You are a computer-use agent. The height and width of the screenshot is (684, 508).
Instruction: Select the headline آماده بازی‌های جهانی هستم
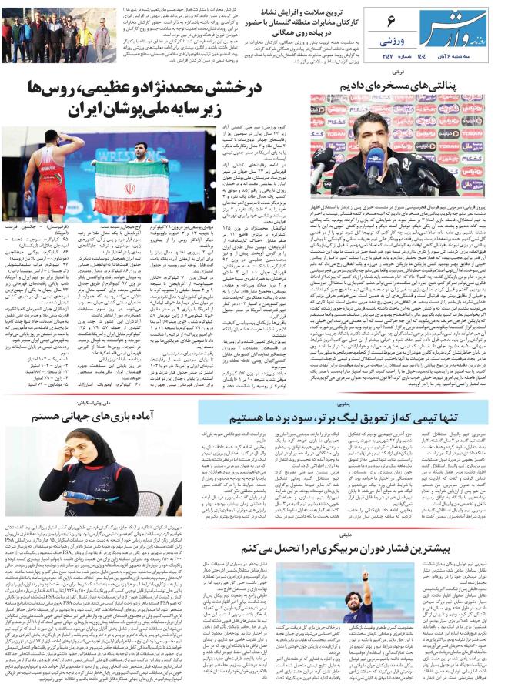[x=92, y=417]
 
